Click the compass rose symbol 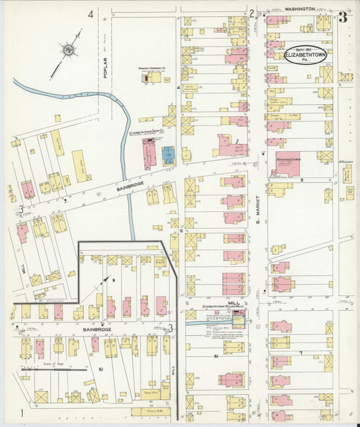pyautogui.click(x=68, y=49)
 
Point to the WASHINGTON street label pyautogui.click(x=299, y=9)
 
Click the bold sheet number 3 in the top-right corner pyautogui.click(x=343, y=18)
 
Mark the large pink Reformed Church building pyautogui.click(x=286, y=164)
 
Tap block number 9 pyautogui.click(x=114, y=280)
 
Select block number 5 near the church pyautogui.click(x=303, y=180)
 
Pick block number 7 pyautogui.click(x=300, y=353)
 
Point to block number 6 pyautogui.click(x=182, y=231)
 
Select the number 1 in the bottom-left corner pyautogui.click(x=22, y=412)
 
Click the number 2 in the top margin pyautogui.click(x=251, y=13)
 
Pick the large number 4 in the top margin pyautogui.click(x=90, y=13)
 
